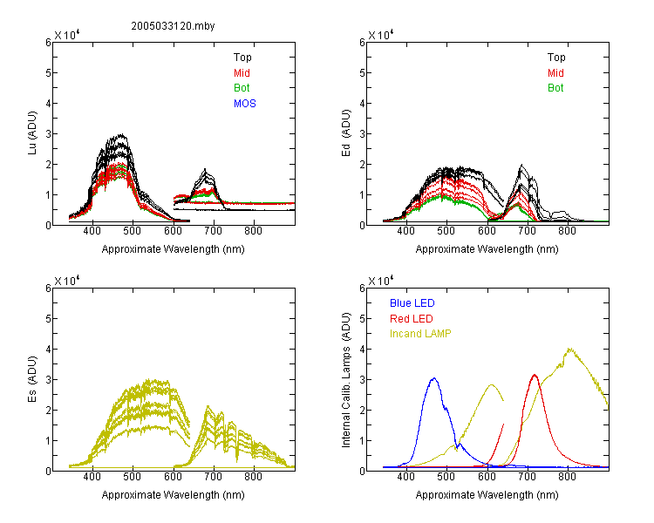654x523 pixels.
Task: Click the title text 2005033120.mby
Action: point(173,26)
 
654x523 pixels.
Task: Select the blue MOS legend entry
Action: point(245,104)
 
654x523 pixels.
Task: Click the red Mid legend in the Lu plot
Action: point(242,73)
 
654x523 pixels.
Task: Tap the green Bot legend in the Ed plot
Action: point(555,88)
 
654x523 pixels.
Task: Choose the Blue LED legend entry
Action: point(412,303)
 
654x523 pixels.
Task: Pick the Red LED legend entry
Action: point(412,319)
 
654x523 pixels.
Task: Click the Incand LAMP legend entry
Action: point(420,334)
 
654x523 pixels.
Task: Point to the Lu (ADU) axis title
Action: point(32,133)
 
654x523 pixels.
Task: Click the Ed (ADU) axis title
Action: point(346,133)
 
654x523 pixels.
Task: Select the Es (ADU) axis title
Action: point(32,379)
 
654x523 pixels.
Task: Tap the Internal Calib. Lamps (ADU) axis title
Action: point(346,380)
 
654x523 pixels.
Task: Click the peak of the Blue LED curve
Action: point(434,378)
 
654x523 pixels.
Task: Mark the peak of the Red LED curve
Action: point(535,375)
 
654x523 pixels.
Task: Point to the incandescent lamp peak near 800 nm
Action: point(569,349)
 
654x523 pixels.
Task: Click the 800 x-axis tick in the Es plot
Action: point(253,477)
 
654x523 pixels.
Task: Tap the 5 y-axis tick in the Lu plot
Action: point(48,73)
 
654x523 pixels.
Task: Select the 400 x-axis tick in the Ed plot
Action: point(405,231)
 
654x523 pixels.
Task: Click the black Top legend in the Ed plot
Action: point(556,58)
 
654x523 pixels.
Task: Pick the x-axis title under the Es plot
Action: point(174,495)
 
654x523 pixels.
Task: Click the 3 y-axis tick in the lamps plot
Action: point(363,379)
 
